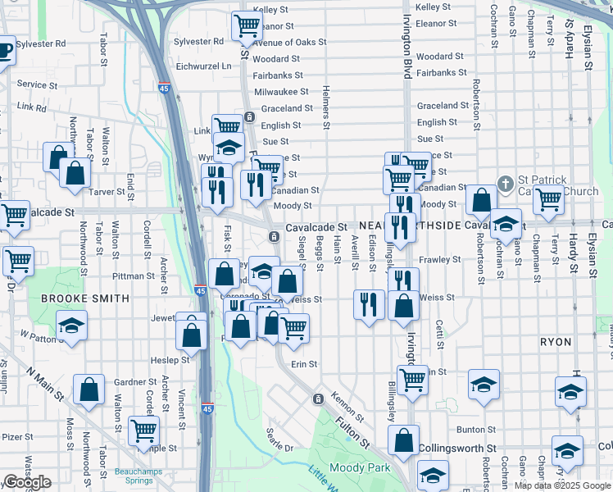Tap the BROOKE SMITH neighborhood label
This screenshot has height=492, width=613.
(x=84, y=298)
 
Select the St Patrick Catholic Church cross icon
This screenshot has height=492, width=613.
(x=506, y=182)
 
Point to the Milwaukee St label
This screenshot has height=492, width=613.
(x=280, y=92)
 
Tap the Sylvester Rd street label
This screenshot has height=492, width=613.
(x=199, y=41)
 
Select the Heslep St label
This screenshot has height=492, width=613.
(x=170, y=360)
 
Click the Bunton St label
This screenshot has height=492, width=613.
(x=476, y=429)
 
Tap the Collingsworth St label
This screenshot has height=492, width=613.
(x=457, y=449)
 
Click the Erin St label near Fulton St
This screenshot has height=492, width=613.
(x=303, y=363)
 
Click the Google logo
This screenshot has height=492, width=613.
(x=27, y=483)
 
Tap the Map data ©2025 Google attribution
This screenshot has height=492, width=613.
(x=561, y=485)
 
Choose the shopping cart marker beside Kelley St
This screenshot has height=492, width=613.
(x=246, y=25)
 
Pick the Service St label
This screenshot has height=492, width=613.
(x=31, y=84)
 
